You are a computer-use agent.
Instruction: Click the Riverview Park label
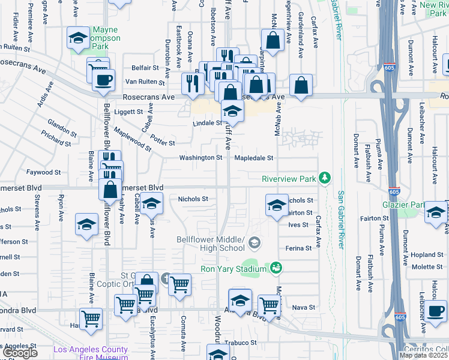click(x=289, y=179)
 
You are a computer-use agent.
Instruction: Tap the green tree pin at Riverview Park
click(x=325, y=178)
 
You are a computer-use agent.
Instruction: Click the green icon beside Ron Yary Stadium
click(x=276, y=267)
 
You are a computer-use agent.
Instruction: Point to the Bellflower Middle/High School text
click(x=211, y=244)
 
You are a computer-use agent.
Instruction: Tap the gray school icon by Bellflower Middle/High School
click(x=255, y=242)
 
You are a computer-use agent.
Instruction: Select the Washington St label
click(x=200, y=158)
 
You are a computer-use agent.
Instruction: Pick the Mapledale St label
click(x=253, y=158)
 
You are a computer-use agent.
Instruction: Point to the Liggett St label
click(x=130, y=111)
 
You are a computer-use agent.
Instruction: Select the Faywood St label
click(x=47, y=172)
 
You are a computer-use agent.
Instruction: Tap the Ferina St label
click(x=298, y=248)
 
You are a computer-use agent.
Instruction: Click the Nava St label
click(x=303, y=307)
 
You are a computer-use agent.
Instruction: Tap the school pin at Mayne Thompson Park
click(x=77, y=38)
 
